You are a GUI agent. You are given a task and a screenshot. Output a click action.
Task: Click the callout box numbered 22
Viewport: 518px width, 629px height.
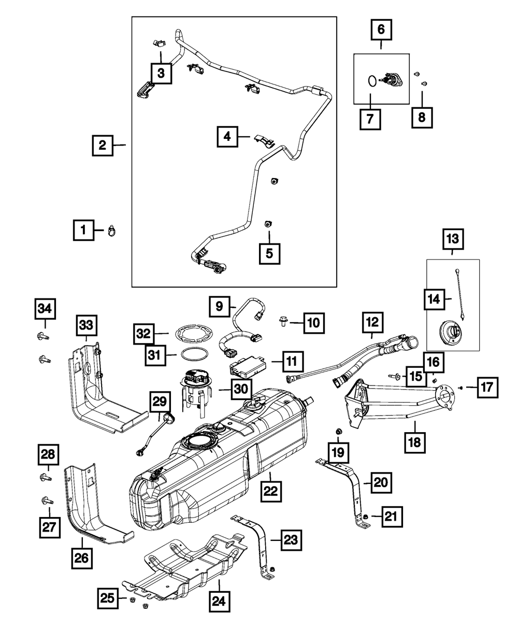pos(270,491)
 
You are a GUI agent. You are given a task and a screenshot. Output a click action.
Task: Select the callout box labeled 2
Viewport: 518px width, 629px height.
pos(103,146)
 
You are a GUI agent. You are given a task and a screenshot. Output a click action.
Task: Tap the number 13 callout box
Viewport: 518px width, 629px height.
pos(453,239)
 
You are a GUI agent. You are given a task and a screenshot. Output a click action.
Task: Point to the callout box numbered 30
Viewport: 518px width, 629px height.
pos(242,389)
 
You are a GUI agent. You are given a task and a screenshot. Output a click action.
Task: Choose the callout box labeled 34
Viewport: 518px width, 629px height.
pos(45,309)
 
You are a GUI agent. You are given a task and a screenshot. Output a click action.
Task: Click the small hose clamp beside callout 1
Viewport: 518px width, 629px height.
pos(112,231)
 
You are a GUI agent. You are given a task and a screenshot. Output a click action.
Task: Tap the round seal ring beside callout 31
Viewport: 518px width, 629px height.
pos(195,354)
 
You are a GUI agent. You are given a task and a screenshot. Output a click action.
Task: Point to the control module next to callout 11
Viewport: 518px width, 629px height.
pos(248,366)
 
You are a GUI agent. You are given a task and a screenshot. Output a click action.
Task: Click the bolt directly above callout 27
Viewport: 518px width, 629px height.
pos(47,501)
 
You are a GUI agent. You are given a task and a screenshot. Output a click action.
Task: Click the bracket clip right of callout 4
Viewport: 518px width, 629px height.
pos(265,141)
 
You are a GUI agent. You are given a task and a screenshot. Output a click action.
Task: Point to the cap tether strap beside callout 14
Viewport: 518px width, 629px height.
pos(461,295)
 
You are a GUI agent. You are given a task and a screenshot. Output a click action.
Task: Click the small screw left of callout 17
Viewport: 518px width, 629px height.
pos(461,388)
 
